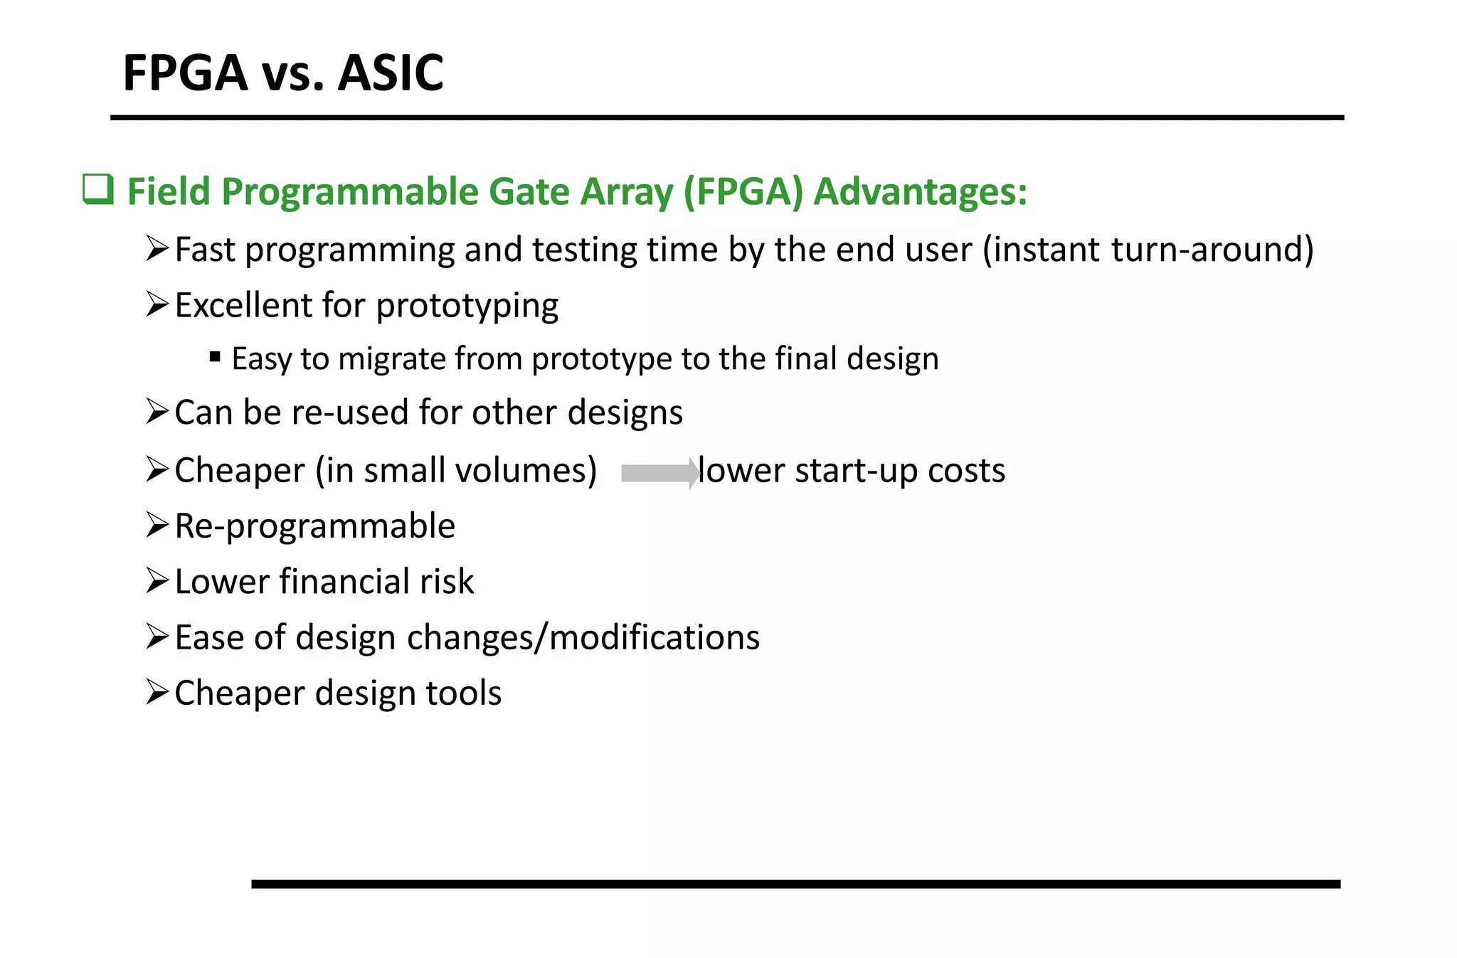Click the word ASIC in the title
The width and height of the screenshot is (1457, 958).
390,73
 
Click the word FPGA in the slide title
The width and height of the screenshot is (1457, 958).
185,73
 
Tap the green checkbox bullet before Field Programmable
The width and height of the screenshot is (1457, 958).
98,190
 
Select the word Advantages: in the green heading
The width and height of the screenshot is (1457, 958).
921,192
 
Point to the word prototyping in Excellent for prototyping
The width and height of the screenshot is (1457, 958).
467,307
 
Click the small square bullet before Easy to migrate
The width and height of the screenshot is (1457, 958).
215,357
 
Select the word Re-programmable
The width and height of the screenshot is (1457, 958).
314,527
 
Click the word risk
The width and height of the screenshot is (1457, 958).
446,582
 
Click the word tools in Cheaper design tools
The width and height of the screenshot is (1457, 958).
462,693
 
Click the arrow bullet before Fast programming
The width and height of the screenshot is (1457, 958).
157,248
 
